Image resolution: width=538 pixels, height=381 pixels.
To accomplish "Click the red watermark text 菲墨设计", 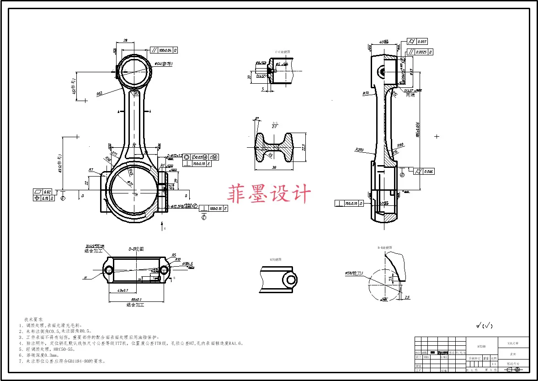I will pyautogui.click(x=269, y=194).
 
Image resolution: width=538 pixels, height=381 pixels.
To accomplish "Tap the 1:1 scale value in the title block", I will pyautogui.click(x=493, y=365).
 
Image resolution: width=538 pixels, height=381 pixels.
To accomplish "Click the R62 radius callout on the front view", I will pyautogui.click(x=99, y=93).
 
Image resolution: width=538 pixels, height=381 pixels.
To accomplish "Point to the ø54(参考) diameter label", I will pyautogui.click(x=163, y=64).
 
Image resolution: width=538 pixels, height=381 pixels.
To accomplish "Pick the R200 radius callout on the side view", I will pyautogui.click(x=359, y=149).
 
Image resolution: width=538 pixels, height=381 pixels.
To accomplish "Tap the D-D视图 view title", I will pyautogui.click(x=136, y=249).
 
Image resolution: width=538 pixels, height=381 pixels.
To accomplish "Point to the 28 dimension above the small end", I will pyautogui.click(x=125, y=40).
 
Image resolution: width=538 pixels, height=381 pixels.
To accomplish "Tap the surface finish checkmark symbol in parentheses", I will pyautogui.click(x=484, y=326).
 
